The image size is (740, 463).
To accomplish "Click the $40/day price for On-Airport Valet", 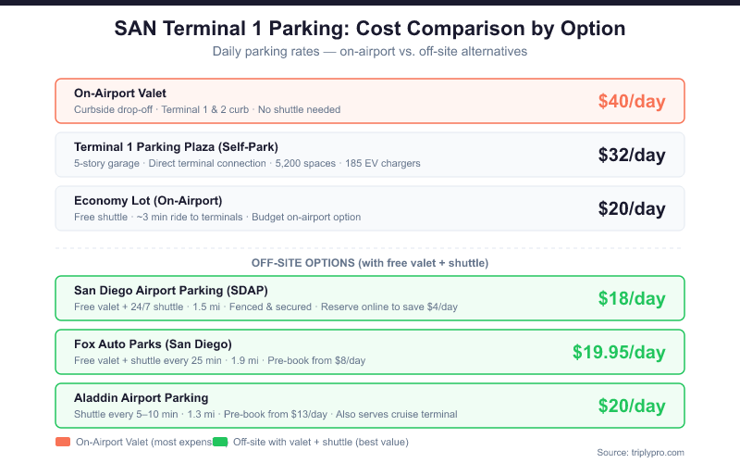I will [x=632, y=101].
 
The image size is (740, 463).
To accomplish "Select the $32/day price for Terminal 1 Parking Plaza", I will [x=632, y=155].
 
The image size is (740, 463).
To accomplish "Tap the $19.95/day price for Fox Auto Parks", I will [x=619, y=352].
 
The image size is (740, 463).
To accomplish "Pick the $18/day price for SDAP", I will [x=632, y=298].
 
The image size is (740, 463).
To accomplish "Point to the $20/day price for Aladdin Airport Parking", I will [x=632, y=406].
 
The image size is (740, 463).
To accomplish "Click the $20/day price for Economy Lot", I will [x=632, y=208].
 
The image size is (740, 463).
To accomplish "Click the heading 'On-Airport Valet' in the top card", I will [x=120, y=93].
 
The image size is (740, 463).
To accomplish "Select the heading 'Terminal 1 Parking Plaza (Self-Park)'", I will [x=176, y=146].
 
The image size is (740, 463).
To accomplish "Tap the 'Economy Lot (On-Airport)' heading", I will [x=148, y=200].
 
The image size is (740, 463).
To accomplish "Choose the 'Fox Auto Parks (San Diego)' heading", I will [x=153, y=344].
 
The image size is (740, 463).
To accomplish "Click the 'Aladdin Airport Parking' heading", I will [x=141, y=397].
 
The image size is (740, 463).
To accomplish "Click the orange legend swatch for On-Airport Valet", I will [x=63, y=442].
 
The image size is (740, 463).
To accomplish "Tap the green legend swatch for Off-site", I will [x=220, y=442].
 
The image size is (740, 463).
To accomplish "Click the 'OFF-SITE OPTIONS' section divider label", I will [x=370, y=262].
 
